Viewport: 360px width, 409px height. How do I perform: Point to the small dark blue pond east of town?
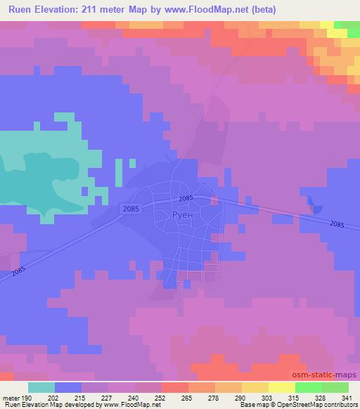(314, 205)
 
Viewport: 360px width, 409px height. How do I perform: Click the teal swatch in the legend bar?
(41, 387)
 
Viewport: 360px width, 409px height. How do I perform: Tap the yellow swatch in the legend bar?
(281, 387)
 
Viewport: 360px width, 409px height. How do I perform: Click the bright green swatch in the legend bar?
(308, 387)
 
